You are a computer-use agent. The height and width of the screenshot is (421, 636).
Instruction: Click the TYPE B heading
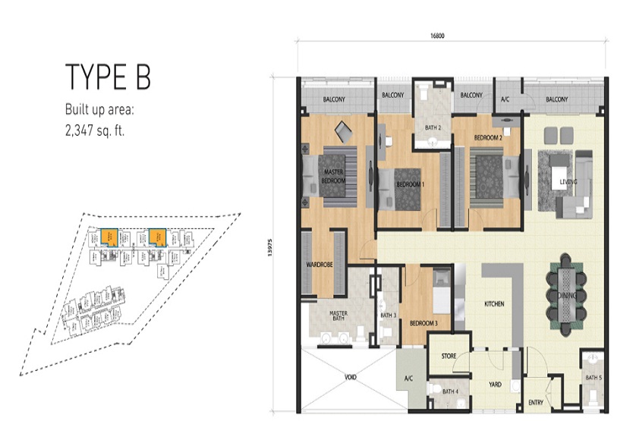108,77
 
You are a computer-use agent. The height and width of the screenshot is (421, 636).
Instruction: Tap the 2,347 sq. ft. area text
95,129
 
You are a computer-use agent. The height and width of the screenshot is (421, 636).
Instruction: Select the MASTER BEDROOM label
334,178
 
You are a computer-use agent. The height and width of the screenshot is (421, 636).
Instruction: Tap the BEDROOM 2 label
490,139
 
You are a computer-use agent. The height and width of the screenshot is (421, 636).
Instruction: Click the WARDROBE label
316,265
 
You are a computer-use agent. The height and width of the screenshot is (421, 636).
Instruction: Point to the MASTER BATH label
338,317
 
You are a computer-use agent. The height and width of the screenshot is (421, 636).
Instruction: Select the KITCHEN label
495,304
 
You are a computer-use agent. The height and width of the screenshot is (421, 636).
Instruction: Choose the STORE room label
449,355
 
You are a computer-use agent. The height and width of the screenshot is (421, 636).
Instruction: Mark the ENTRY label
536,402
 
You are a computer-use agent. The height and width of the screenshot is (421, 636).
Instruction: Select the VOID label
351,377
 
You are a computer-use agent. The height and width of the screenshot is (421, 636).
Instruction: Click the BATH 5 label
593,377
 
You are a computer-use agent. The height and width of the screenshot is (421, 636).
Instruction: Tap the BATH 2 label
433,128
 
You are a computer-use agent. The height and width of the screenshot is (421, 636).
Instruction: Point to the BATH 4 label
451,391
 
